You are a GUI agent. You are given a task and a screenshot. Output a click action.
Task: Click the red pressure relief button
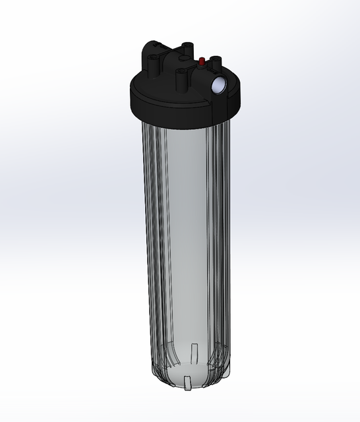[200, 61]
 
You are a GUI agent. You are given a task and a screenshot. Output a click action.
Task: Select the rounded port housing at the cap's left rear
[156, 50]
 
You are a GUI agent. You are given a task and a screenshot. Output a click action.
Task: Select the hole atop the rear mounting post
[188, 44]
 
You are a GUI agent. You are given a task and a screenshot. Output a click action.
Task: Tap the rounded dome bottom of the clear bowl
[185, 373]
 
